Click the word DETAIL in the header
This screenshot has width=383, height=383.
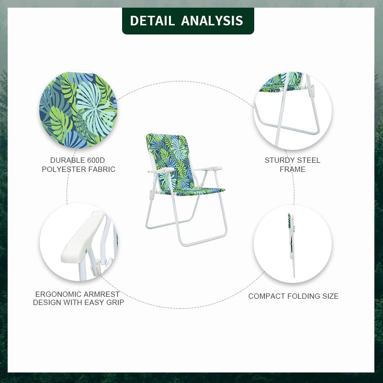[152, 21]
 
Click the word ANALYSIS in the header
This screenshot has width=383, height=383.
[212, 21]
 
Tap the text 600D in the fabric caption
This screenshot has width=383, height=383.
[95, 160]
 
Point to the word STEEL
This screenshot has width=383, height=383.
[308, 160]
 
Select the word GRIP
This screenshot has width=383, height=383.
[115, 303]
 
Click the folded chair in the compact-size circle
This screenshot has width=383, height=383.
[292, 244]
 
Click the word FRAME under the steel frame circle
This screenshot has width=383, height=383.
[293, 169]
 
